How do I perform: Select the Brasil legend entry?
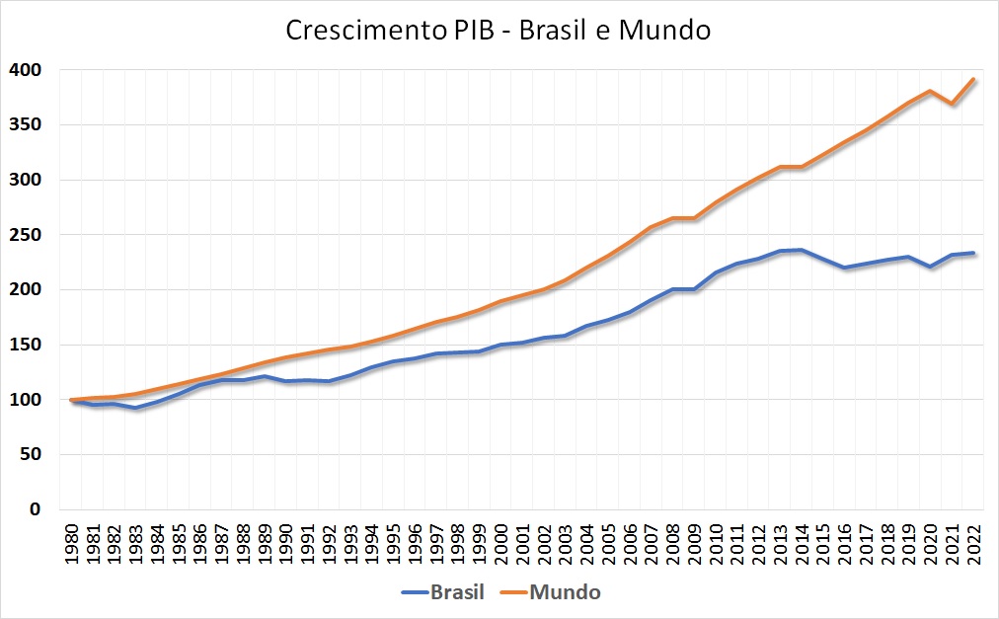tap(457, 592)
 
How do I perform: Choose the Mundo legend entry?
tap(566, 592)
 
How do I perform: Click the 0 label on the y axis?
tap(37, 509)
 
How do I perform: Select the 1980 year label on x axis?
tap(72, 544)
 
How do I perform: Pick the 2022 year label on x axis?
tap(975, 544)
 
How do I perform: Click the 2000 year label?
tap(502, 544)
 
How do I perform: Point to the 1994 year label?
tap(373, 544)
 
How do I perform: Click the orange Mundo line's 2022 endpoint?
tap(975, 80)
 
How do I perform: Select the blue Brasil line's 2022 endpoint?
tap(975, 253)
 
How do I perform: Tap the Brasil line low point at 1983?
tap(137, 408)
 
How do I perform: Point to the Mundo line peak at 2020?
tap(932, 91)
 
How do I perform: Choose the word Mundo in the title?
tap(664, 31)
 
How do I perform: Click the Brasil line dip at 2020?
tap(932, 267)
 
